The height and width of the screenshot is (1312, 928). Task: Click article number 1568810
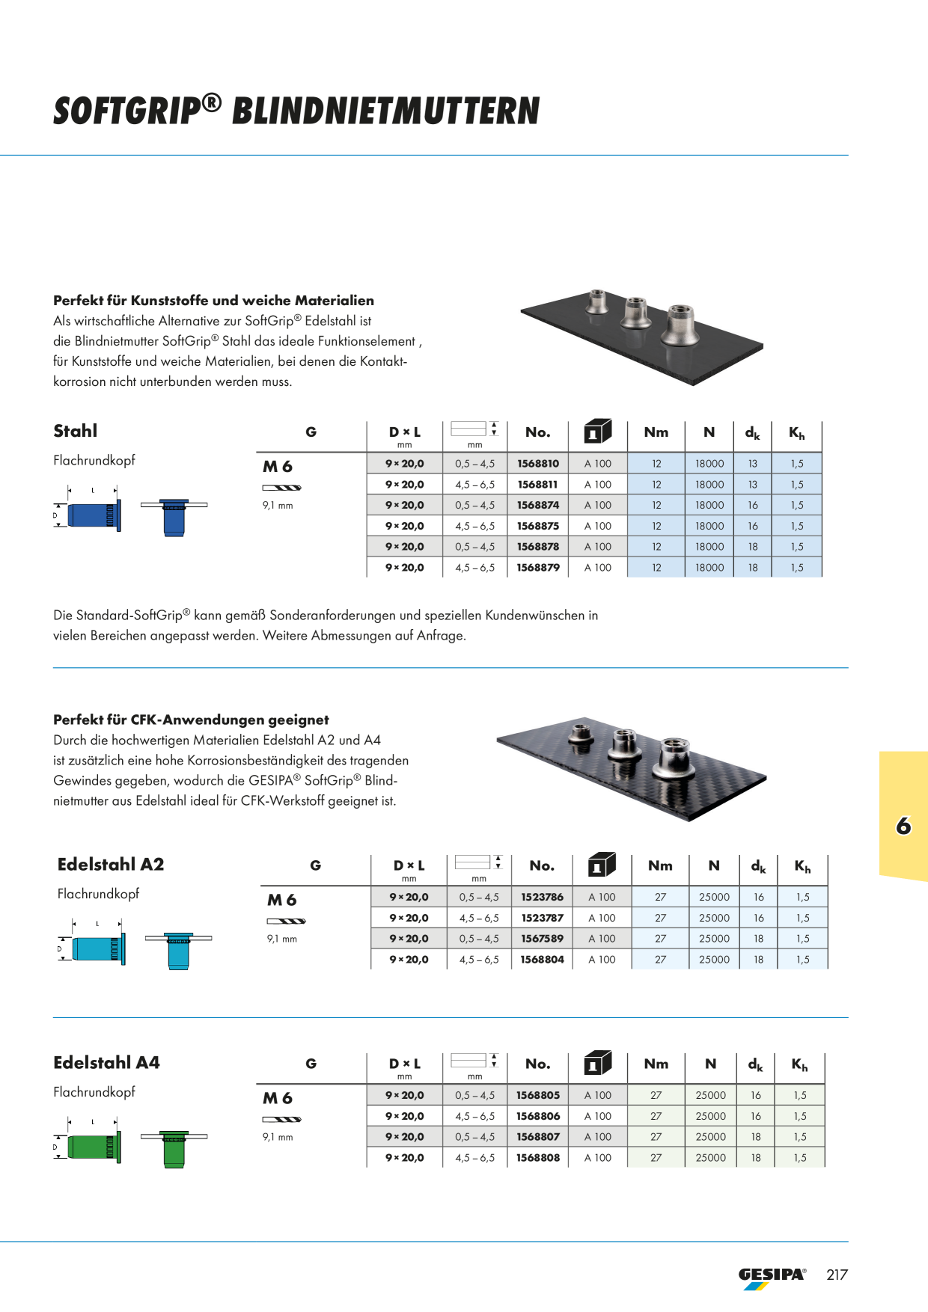point(538,464)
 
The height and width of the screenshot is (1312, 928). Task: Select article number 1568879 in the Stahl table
point(538,568)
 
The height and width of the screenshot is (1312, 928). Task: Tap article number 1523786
point(543,897)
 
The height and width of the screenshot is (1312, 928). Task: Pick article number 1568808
point(538,1158)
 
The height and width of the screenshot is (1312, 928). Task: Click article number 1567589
point(543,939)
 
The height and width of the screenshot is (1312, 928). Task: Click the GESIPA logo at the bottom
point(772,1278)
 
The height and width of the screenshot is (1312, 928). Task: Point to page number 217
point(837,1275)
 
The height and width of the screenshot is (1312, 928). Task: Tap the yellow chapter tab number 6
point(903,826)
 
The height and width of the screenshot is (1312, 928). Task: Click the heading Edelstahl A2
point(111,865)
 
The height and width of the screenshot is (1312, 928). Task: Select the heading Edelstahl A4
point(106,1063)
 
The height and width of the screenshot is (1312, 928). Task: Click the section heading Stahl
point(76,431)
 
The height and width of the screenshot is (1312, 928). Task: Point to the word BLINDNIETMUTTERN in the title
point(386,111)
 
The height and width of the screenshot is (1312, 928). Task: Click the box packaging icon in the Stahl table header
point(597,432)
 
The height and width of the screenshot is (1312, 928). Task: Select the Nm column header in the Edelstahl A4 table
point(656,1064)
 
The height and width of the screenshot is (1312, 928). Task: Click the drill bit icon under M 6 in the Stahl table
point(282,488)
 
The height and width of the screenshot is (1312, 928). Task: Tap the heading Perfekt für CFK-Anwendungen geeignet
point(191,720)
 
